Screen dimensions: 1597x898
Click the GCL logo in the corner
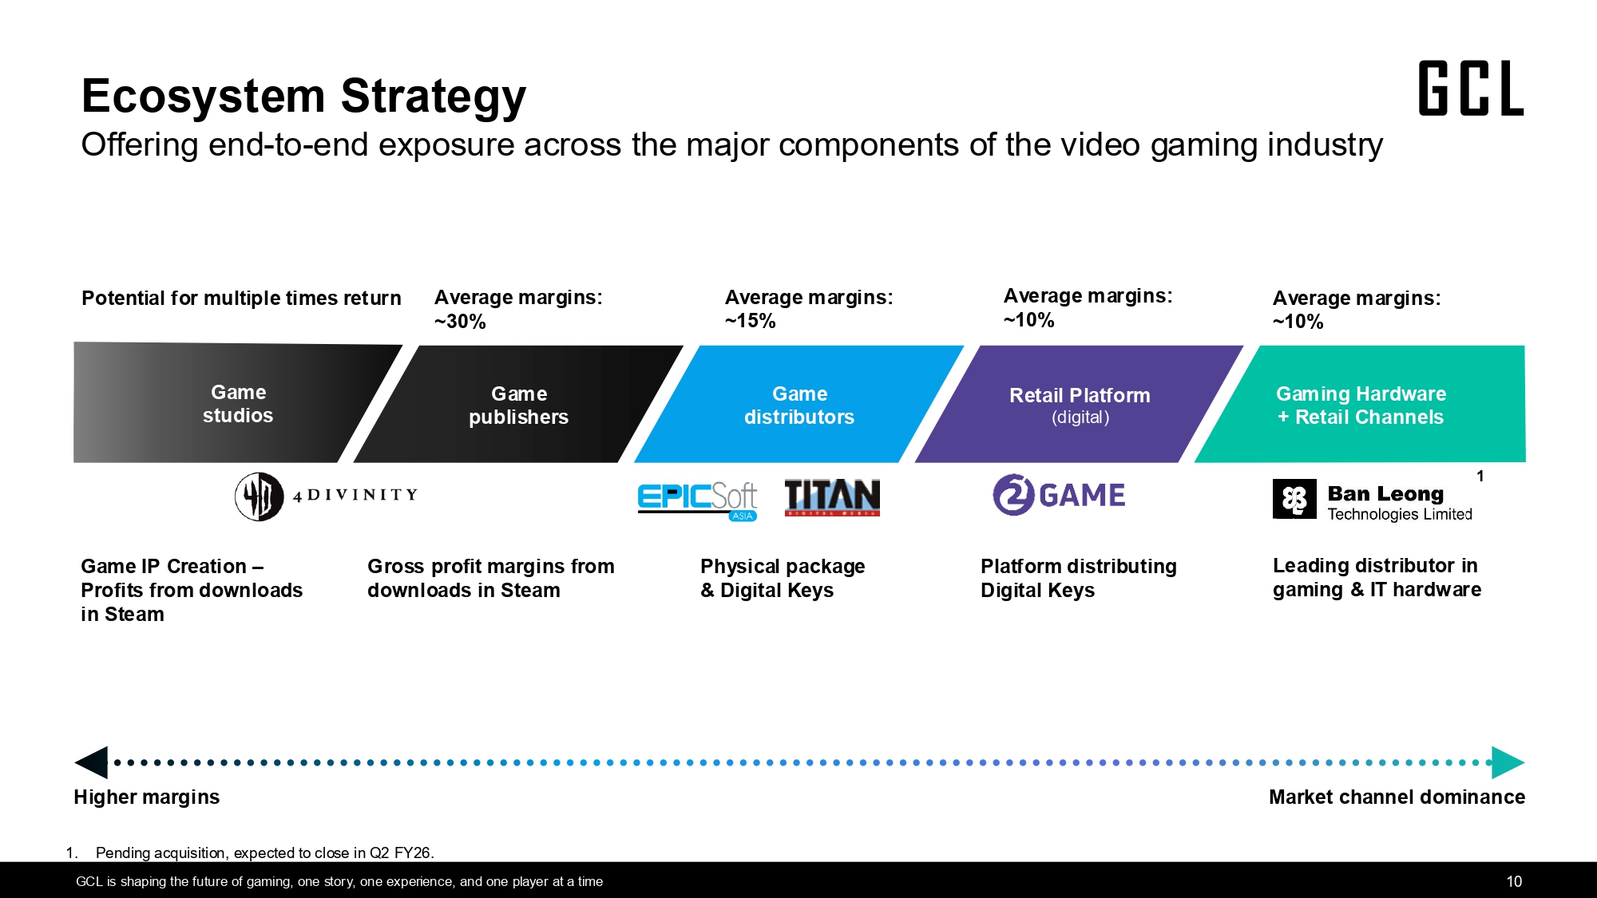pyautogui.click(x=1471, y=89)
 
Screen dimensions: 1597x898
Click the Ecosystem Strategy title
pyautogui.click(x=304, y=96)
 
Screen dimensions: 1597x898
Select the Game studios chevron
pyautogui.click(x=238, y=403)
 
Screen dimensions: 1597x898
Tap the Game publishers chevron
pyautogui.click(x=518, y=404)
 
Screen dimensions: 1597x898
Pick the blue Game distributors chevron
pyautogui.click(x=799, y=404)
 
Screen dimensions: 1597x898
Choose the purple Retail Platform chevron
pyautogui.click(x=1080, y=404)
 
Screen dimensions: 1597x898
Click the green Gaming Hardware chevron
pyautogui.click(x=1361, y=404)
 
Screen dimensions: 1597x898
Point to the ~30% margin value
pyautogui.click(x=460, y=322)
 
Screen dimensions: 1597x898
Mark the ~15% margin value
pyautogui.click(x=751, y=321)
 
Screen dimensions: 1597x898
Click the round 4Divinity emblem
pyautogui.click(x=260, y=496)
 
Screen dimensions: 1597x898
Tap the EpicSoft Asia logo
pyautogui.click(x=698, y=500)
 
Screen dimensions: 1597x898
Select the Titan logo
pyautogui.click(x=832, y=497)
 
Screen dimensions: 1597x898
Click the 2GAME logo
pyautogui.click(x=1059, y=495)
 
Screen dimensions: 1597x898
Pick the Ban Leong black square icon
pyautogui.click(x=1294, y=499)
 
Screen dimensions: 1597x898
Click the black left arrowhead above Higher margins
pyautogui.click(x=91, y=762)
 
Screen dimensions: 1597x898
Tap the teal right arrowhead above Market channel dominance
pyautogui.click(x=1508, y=762)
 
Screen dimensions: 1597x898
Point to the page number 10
pyautogui.click(x=1514, y=881)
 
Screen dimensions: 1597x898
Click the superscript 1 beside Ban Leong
pyautogui.click(x=1480, y=477)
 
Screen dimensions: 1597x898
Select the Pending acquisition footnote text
pyautogui.click(x=265, y=853)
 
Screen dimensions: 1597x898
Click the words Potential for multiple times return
pyautogui.click(x=241, y=299)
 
